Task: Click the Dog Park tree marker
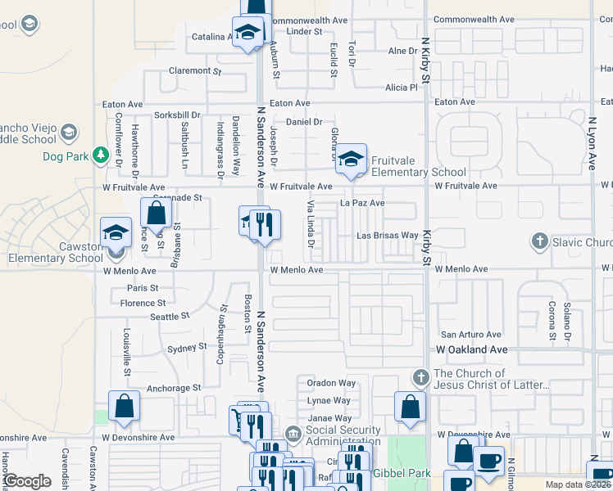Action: point(101,154)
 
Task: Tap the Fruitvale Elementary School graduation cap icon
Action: point(351,160)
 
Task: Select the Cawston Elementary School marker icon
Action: point(116,232)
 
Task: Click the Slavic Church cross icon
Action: point(539,241)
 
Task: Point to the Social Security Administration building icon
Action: point(293,434)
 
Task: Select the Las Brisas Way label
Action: point(387,236)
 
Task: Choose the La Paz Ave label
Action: point(362,203)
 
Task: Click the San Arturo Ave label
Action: point(470,335)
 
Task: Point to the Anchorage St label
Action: point(173,388)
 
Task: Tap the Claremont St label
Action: point(195,71)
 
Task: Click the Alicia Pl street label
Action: point(402,88)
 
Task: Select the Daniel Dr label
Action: point(303,122)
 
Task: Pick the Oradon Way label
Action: point(331,383)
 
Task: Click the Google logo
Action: point(27,481)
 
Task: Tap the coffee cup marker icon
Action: point(488,460)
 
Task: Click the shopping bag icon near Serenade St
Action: point(156,214)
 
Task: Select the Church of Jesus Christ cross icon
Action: point(421,378)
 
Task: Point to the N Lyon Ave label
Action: point(591,143)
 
